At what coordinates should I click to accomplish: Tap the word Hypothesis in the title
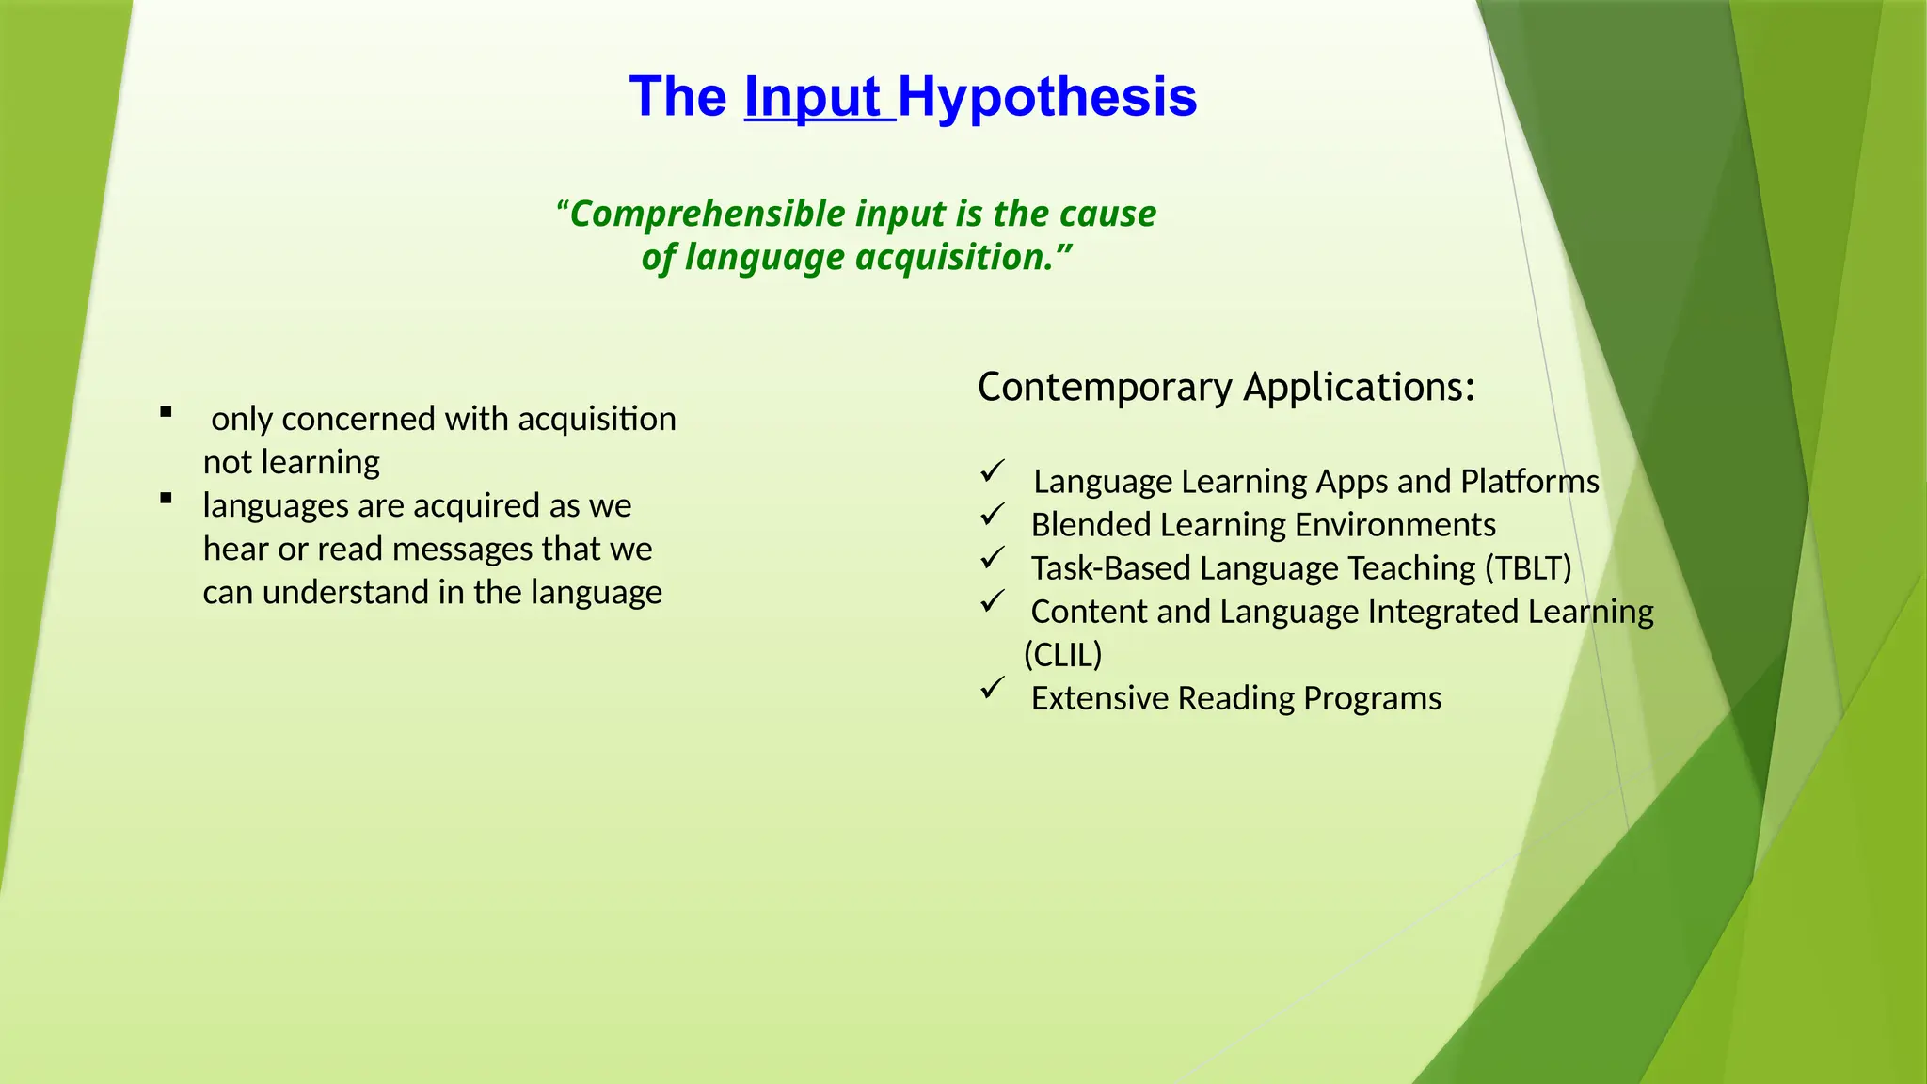click(1047, 98)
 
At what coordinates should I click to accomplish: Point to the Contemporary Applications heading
click(1226, 388)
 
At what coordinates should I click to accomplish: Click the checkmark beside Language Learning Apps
click(993, 471)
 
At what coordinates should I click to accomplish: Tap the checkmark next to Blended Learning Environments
click(993, 515)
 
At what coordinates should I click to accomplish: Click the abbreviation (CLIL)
click(1062, 655)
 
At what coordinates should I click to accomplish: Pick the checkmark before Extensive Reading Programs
click(993, 688)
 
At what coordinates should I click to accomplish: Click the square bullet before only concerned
click(167, 411)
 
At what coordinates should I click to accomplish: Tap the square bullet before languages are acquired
click(167, 499)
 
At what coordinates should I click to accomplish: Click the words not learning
click(292, 463)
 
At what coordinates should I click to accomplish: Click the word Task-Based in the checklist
click(1110, 568)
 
